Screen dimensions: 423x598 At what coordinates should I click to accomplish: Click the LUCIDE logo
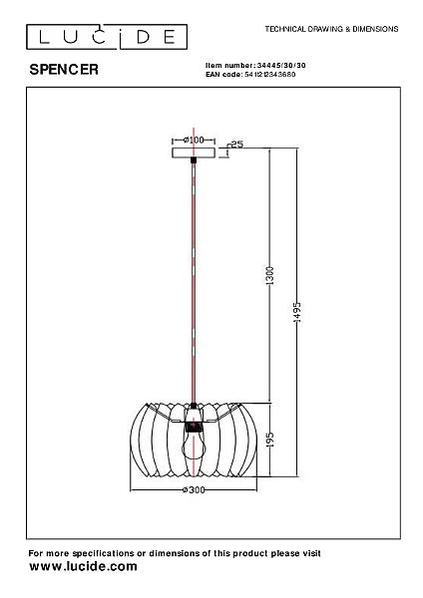107,37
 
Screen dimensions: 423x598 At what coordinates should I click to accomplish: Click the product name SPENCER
64,70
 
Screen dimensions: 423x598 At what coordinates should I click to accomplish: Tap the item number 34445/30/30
281,65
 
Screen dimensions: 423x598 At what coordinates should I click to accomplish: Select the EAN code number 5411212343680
270,75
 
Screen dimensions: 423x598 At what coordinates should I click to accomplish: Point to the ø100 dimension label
194,140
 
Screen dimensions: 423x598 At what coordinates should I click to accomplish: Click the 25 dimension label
237,145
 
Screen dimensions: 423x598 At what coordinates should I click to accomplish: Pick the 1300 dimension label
269,276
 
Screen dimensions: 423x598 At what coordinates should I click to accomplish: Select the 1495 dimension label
297,312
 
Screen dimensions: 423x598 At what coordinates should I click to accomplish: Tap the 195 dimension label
269,440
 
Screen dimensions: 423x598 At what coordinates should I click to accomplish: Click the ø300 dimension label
194,490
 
